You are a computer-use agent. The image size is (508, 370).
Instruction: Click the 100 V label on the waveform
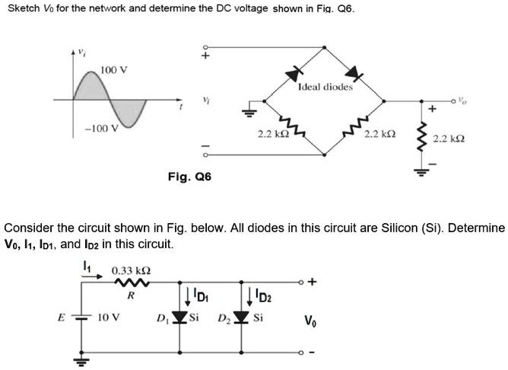click(114, 70)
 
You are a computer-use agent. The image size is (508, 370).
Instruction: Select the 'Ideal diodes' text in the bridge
click(325, 88)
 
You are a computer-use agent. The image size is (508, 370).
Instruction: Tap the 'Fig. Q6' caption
click(189, 177)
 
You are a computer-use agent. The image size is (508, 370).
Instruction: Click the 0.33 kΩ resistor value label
click(131, 270)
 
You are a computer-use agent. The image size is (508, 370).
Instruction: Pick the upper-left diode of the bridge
click(293, 74)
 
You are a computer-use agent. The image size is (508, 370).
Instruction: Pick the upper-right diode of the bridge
click(351, 74)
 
